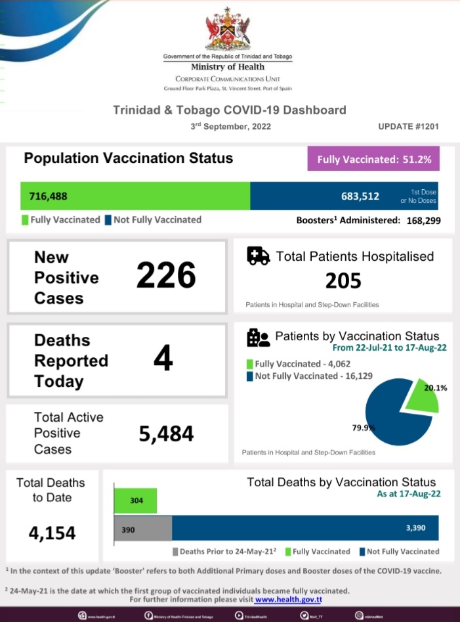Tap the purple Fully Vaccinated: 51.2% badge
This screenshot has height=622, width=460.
coord(373,159)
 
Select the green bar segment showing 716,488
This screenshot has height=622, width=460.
coord(135,196)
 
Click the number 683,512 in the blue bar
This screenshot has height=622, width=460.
coord(360,196)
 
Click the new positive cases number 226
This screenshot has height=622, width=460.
coord(166,275)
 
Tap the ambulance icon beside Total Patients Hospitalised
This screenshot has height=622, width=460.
coord(258,256)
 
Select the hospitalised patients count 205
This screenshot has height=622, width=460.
coord(343,281)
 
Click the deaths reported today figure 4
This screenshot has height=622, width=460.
coord(163,359)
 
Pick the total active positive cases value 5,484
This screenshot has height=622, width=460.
coord(166,433)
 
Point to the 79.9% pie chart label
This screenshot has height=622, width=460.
coord(363,428)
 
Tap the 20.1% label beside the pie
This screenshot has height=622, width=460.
coord(436,388)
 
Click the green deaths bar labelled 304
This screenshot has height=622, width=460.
coord(136,500)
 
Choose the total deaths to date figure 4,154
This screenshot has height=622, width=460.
coord(52,533)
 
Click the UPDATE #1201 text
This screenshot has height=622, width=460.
coord(408,126)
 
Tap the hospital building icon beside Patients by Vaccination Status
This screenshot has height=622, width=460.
coord(258,338)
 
